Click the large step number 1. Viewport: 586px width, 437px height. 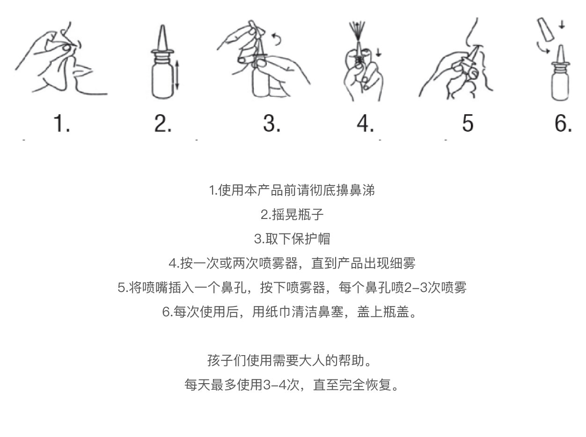[x=61, y=123]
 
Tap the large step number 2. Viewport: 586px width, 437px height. [x=163, y=123]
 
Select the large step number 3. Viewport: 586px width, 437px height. [x=272, y=123]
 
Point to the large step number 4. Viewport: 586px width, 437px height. [x=365, y=123]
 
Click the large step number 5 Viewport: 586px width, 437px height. [x=468, y=123]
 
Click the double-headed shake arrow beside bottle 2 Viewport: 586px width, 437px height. [x=177, y=75]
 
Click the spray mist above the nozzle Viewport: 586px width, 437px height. [x=358, y=31]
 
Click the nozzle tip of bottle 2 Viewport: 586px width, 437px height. [x=162, y=26]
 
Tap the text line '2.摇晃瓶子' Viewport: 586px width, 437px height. [x=292, y=214]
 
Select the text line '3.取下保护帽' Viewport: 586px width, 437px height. [x=292, y=239]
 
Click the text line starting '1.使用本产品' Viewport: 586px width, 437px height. [x=292, y=190]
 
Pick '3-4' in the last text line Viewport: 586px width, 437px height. [x=275, y=385]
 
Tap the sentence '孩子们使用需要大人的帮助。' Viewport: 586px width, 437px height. [x=290, y=360]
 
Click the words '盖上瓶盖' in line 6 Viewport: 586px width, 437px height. [x=383, y=312]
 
